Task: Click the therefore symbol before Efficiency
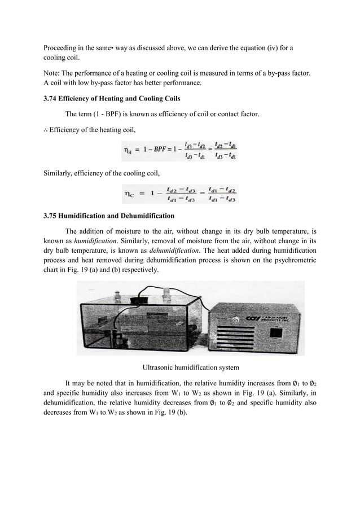click(45, 130)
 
